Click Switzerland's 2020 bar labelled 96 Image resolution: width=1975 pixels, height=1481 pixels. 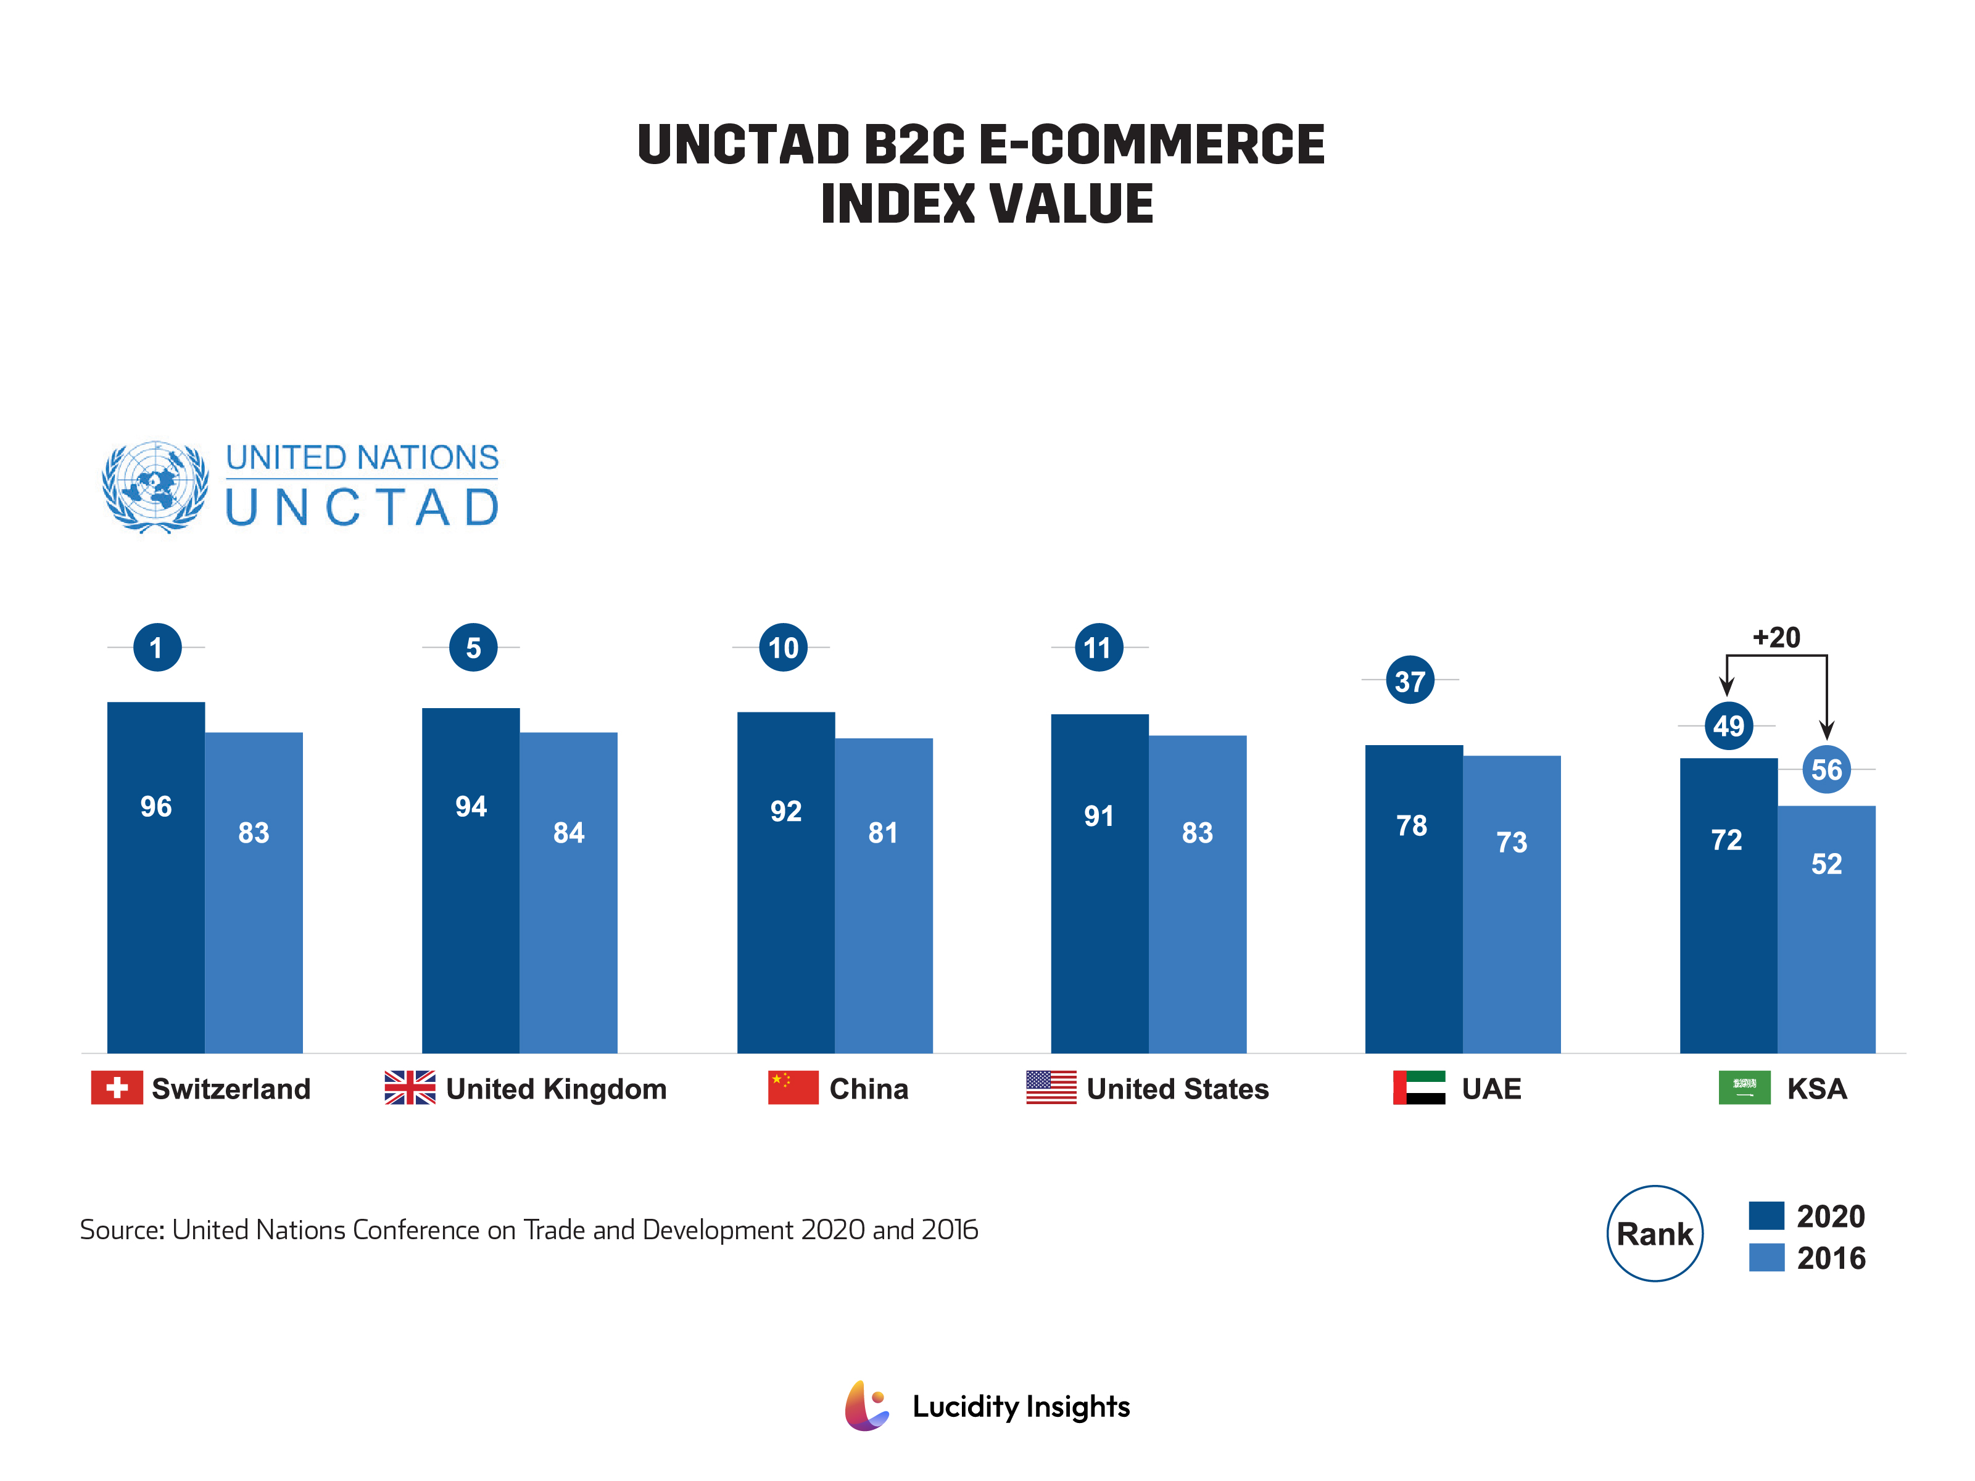coord(155,878)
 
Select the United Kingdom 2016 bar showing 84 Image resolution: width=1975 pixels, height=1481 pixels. coord(569,893)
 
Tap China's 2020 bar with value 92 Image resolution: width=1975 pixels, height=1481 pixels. coord(785,883)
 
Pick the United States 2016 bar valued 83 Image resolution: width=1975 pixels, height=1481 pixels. coord(1198,894)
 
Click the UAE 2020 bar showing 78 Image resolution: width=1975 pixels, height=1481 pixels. coord(1414,899)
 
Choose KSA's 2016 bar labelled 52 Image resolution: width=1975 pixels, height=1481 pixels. coord(1827,930)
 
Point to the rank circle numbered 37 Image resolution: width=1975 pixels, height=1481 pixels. coord(1410,680)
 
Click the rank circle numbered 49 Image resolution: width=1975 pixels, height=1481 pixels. coord(1729,726)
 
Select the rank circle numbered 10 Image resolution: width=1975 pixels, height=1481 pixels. coord(783,647)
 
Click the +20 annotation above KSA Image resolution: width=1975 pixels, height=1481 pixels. coord(1777,637)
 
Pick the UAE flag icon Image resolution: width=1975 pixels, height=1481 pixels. coord(1418,1088)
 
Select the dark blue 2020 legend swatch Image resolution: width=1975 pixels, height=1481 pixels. coord(1766,1216)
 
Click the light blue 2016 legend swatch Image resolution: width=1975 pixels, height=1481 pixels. coord(1766,1257)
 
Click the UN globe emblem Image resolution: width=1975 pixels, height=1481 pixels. coord(155,487)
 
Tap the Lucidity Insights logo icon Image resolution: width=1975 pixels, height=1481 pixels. coord(867,1406)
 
